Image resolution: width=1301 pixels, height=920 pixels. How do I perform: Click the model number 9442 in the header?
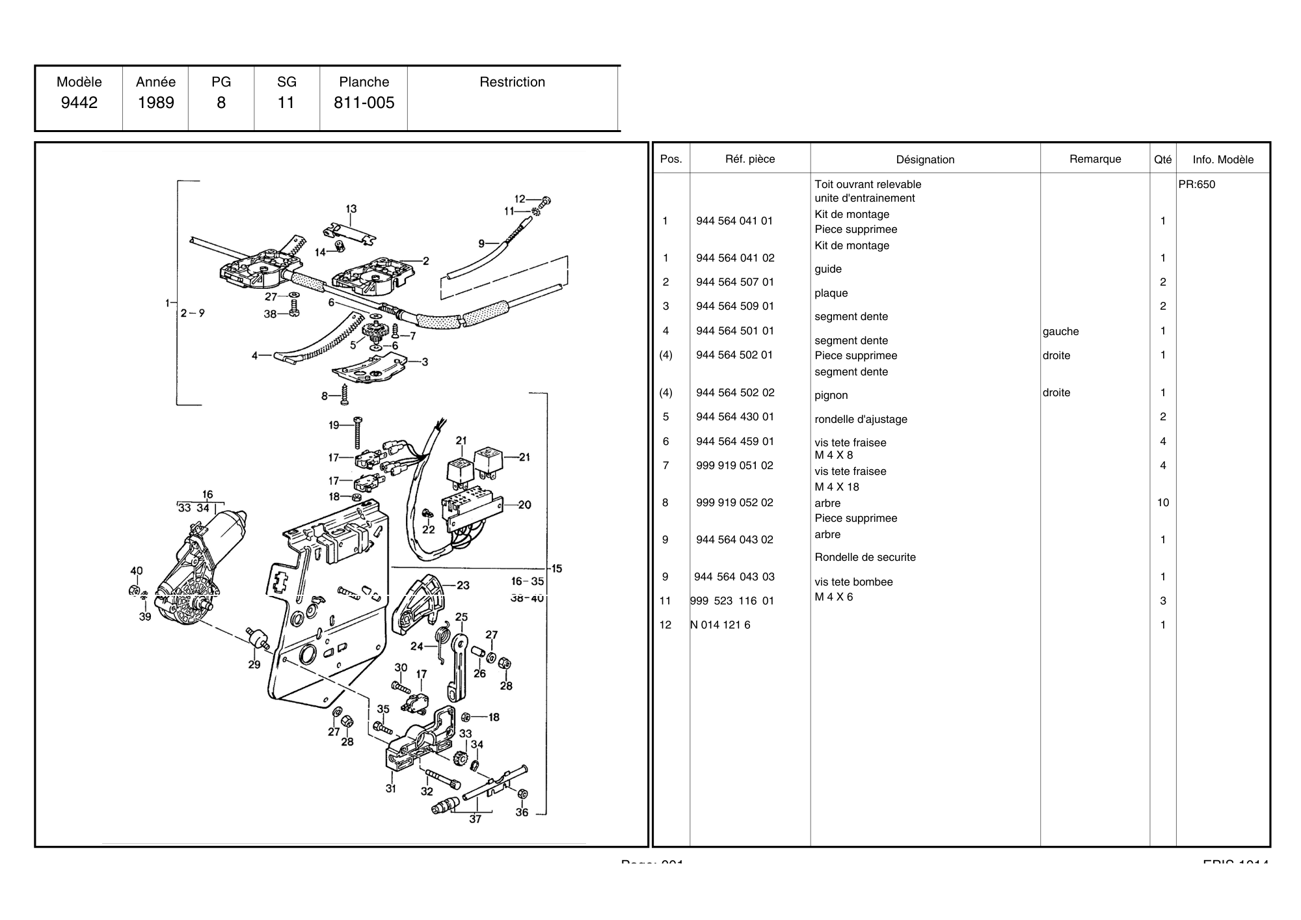point(79,103)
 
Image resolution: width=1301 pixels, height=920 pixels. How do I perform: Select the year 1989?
point(155,103)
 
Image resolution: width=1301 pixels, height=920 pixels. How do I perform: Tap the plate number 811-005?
point(364,103)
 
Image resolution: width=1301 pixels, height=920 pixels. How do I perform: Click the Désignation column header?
point(925,159)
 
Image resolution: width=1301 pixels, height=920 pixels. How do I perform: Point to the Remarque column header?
point(1095,159)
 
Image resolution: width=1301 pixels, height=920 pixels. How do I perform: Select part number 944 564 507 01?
point(735,282)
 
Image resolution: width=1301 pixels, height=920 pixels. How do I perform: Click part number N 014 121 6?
point(720,625)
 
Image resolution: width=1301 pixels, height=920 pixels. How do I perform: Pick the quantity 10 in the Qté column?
point(1162,502)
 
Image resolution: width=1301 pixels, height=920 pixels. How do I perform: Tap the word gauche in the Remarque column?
point(1060,331)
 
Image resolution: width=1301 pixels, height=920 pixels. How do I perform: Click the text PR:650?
point(1196,184)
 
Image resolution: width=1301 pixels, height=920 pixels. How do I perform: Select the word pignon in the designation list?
point(831,395)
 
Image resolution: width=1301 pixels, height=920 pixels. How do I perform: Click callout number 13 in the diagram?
point(351,209)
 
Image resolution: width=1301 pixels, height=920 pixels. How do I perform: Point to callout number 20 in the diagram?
point(524,504)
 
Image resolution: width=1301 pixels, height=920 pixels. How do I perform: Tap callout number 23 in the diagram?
point(463,585)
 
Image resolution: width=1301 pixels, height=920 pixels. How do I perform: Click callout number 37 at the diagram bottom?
point(475,819)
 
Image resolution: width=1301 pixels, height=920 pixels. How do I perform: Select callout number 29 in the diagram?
point(254,664)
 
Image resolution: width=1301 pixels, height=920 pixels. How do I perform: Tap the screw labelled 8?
point(345,393)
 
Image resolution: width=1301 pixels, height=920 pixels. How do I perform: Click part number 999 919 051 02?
point(734,465)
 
